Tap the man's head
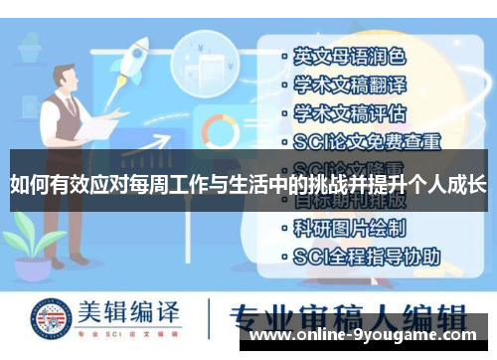(67, 79)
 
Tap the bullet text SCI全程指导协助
(365, 256)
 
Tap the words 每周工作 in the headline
(170, 183)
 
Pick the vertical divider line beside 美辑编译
(212, 318)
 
